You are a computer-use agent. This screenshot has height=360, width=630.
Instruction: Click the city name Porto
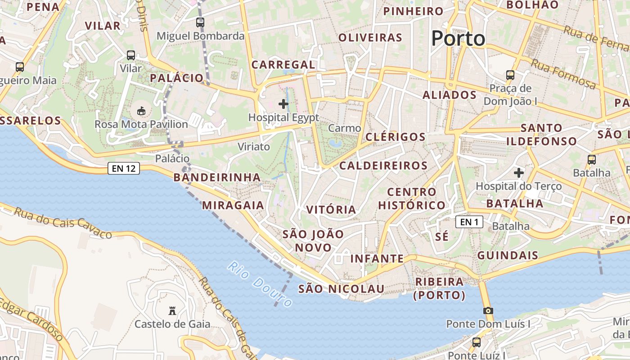pos(458,39)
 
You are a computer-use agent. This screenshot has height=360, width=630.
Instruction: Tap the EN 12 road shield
pos(124,169)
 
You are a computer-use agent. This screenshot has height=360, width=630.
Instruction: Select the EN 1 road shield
pos(469,222)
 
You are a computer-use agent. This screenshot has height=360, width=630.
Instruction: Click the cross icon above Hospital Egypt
pos(283,104)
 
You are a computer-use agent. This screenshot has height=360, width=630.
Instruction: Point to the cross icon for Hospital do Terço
pos(519,172)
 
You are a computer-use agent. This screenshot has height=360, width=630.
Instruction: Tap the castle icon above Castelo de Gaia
pos(172,310)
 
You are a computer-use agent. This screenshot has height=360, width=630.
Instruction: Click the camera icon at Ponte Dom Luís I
pos(488,310)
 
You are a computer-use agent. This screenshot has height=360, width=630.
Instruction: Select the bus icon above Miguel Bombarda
pos(200,22)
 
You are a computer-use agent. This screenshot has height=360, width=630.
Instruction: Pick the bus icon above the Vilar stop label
pos(131,55)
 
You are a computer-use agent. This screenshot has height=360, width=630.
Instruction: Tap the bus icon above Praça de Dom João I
pos(510,75)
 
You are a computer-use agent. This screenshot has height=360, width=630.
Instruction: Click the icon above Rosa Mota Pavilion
pos(141,111)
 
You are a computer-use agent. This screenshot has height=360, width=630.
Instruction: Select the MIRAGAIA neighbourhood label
pos(233,205)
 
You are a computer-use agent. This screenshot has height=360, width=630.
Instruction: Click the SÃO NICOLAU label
pos(341,289)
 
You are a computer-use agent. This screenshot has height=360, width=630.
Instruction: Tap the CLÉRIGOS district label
pos(396,137)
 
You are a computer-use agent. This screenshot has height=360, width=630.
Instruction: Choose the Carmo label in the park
pos(344,128)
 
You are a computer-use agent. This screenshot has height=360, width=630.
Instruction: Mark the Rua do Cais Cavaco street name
pos(63,222)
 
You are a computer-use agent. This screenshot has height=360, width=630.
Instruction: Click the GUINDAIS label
pos(508,256)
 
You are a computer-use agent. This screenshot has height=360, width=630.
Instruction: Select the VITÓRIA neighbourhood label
pos(331,210)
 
